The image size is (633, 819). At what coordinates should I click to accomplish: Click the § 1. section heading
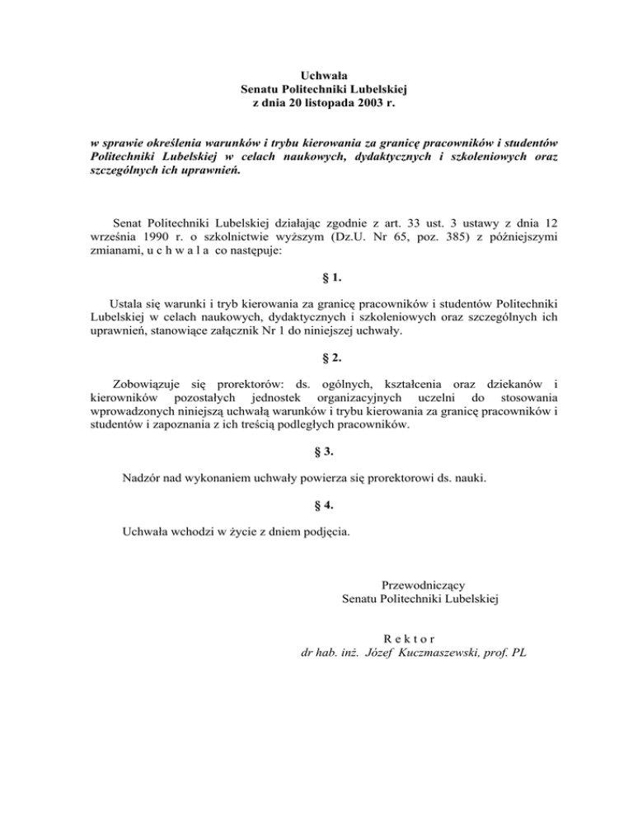(316, 279)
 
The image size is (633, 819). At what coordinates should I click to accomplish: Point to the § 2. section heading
(316, 358)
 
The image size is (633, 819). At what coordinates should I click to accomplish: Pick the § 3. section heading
(316, 452)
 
